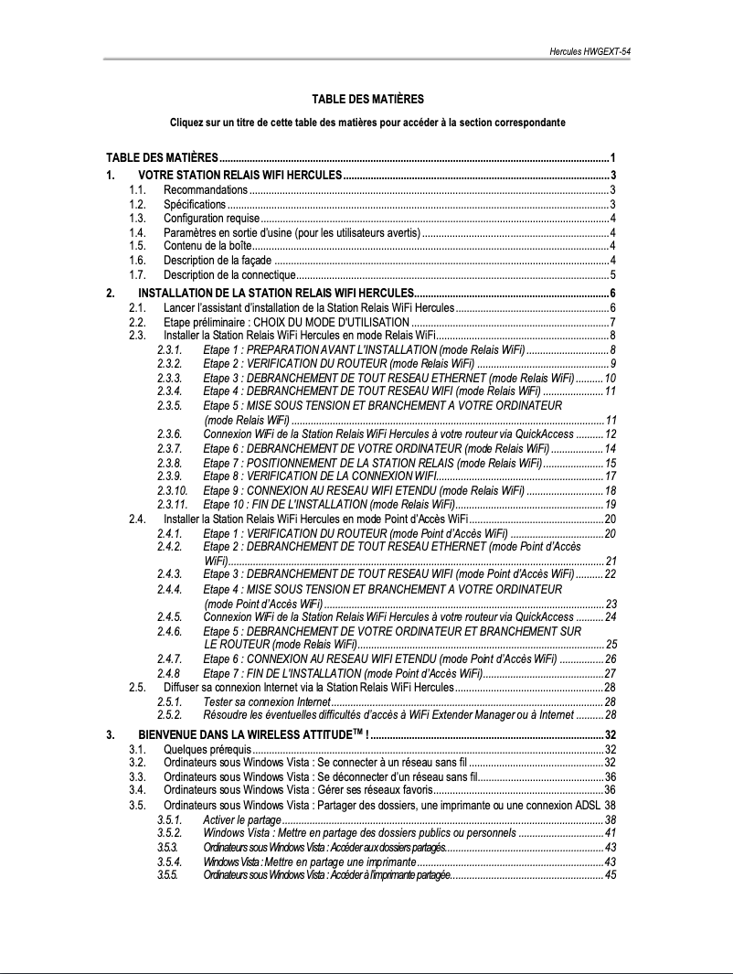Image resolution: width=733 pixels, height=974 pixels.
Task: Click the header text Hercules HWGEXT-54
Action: point(590,52)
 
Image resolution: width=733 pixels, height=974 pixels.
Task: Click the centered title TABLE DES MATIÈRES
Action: point(367,99)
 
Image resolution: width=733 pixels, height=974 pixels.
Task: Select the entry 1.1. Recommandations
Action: point(206,189)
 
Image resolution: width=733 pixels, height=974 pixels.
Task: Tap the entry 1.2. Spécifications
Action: point(195,204)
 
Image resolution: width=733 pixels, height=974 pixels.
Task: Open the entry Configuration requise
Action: point(211,219)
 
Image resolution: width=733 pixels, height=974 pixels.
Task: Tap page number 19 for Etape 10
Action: point(611,505)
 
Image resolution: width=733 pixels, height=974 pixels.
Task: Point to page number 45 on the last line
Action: point(611,875)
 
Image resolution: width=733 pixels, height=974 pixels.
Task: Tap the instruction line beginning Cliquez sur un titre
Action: point(367,122)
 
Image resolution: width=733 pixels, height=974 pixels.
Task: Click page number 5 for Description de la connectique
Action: point(612,274)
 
